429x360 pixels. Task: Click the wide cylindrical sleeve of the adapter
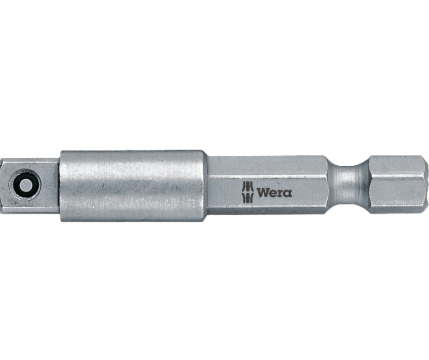pos(132,185)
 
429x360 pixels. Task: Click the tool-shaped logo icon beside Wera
pos(247,192)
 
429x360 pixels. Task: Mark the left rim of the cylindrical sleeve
pos(61,185)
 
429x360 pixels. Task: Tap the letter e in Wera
pos(272,193)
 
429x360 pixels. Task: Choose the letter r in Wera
pos(280,193)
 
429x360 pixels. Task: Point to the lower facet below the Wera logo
pos(269,207)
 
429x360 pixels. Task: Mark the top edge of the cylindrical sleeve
pos(132,152)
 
